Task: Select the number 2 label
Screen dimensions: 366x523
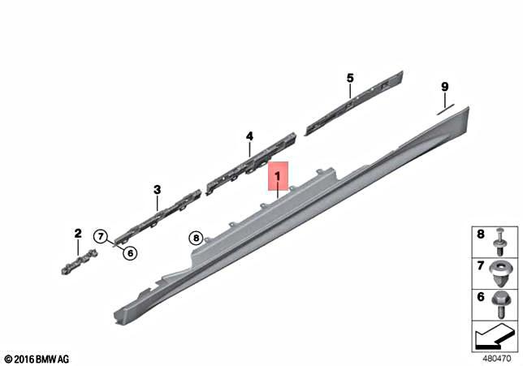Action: (x=78, y=234)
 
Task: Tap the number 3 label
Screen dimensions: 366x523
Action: (x=158, y=190)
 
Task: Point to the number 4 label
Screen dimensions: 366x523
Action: (x=250, y=136)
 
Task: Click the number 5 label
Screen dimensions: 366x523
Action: (x=350, y=78)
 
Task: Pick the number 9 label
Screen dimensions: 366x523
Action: (x=444, y=87)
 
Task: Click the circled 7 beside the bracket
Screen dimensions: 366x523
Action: (x=101, y=236)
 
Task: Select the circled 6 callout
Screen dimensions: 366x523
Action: (x=130, y=252)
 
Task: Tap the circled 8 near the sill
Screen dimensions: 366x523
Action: (x=196, y=238)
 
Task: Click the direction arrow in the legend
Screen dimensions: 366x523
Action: (x=494, y=333)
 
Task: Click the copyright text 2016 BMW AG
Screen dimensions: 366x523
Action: (x=37, y=358)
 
